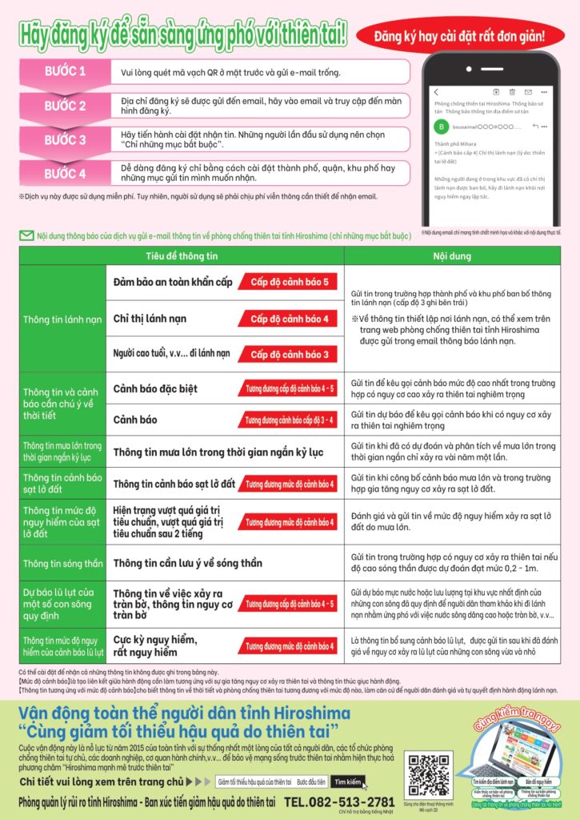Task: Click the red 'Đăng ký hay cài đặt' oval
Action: (x=459, y=35)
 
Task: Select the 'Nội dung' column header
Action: (x=452, y=255)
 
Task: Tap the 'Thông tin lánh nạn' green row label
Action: (x=62, y=319)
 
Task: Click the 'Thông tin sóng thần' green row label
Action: (x=62, y=564)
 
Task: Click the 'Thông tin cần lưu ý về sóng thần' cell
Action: (x=187, y=563)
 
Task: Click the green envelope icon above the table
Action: (x=26, y=235)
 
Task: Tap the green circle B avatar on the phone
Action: (x=441, y=127)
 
